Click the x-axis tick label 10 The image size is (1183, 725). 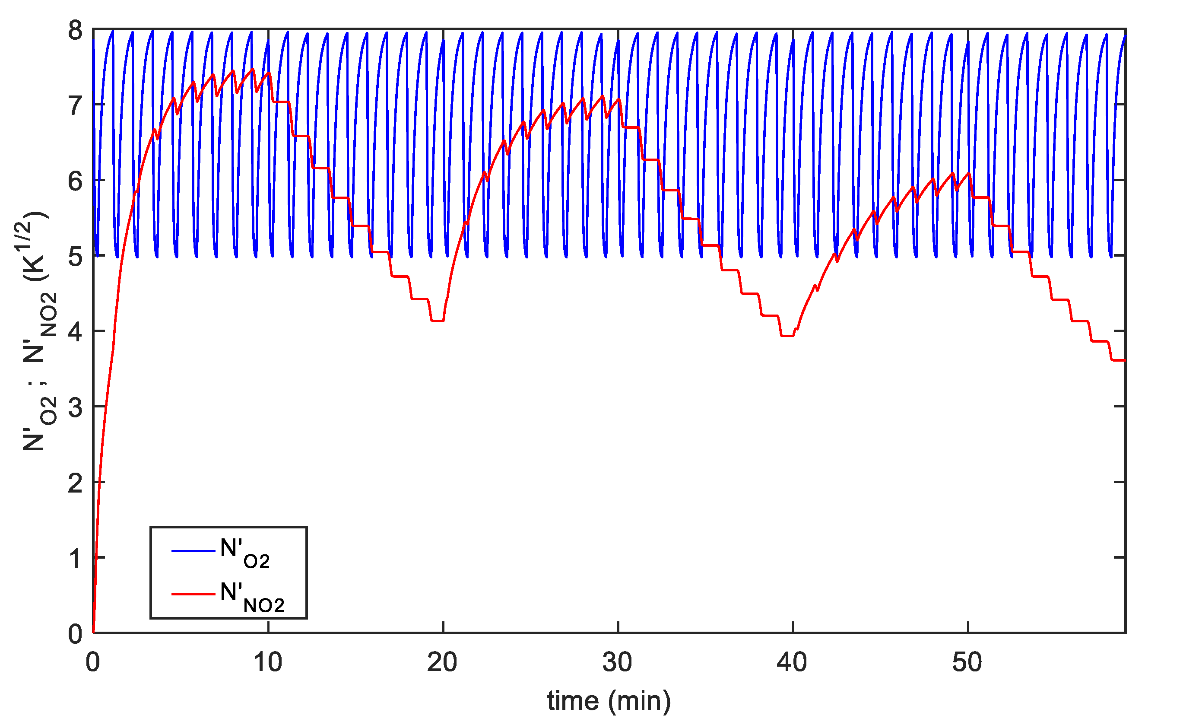(x=267, y=663)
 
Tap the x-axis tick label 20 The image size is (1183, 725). (x=442, y=663)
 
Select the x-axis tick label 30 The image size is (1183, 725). (x=618, y=663)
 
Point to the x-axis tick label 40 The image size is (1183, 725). (x=792, y=663)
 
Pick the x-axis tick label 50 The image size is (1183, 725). (x=967, y=663)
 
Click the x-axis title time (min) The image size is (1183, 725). (x=609, y=700)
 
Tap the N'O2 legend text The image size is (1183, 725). (x=245, y=553)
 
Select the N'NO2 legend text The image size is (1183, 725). (x=252, y=597)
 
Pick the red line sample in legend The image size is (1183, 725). (x=193, y=595)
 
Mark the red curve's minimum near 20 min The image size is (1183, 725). (x=438, y=320)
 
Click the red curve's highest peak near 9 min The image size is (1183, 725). (x=253, y=69)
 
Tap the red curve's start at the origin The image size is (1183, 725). (x=94, y=632)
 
